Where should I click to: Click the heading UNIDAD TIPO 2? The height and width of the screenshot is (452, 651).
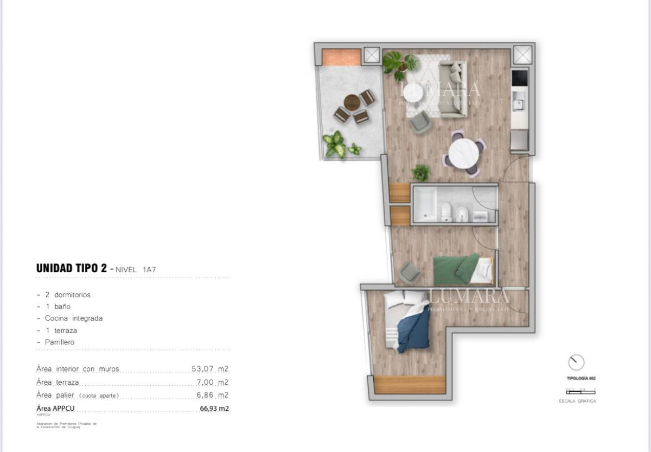[x=71, y=268]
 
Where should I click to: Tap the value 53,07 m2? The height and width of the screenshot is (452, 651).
[x=210, y=369]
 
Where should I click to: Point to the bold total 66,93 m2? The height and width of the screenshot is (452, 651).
[x=214, y=409]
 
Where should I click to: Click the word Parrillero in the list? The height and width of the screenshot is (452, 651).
[x=60, y=342]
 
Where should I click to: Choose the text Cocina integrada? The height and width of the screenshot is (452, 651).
[x=74, y=318]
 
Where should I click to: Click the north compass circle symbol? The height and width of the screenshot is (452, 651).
[x=576, y=362]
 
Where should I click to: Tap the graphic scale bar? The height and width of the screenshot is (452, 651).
[x=580, y=391]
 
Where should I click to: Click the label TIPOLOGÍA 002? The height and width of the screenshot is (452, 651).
[x=581, y=378]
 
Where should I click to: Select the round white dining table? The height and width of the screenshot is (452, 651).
[x=464, y=154]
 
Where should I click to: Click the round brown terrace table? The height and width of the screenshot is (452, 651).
[x=352, y=102]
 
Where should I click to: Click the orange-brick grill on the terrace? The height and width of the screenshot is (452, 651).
[x=341, y=57]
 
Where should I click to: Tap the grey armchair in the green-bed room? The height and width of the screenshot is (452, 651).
[x=410, y=272]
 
